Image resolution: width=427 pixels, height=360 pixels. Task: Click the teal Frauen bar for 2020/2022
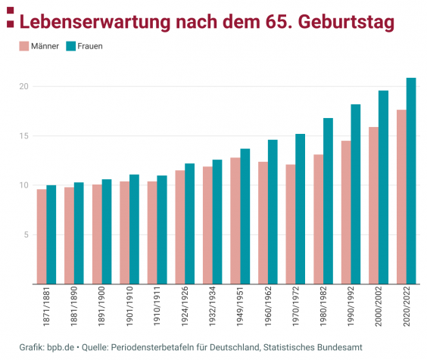click(411, 182)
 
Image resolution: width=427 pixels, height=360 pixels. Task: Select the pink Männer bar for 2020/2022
click(401, 197)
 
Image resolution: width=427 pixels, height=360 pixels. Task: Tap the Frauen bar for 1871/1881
click(51, 234)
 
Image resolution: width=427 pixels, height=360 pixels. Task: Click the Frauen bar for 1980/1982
click(328, 201)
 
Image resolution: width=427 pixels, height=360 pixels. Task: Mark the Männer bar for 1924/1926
click(180, 227)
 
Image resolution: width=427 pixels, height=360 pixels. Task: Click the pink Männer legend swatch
click(23, 46)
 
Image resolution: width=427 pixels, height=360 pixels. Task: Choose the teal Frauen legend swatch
click(70, 46)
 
